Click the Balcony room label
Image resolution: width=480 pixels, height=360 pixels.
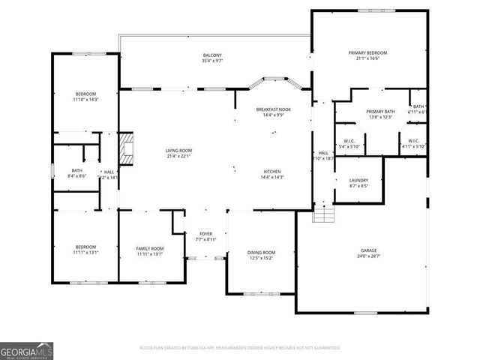coord(211,55)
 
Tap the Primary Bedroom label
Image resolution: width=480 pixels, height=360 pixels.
coord(367,52)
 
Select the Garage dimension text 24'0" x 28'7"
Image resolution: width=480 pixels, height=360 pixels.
coord(368,256)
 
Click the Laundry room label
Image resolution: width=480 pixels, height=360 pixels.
coord(358,180)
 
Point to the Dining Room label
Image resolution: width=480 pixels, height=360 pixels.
coord(261,252)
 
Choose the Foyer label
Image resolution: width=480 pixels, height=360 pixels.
coord(206,234)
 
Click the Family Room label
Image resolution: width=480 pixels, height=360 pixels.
coord(150,248)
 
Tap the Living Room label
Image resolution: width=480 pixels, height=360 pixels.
coord(178,151)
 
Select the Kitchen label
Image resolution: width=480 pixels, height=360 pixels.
coord(271,171)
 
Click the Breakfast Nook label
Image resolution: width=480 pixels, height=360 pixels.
coord(274,109)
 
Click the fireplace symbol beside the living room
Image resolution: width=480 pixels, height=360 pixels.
coord(127,148)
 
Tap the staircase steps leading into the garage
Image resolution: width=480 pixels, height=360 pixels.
coord(322,214)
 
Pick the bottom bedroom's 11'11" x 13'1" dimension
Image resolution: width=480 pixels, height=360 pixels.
coord(85,253)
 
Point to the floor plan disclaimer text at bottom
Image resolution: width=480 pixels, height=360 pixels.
coord(239,348)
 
